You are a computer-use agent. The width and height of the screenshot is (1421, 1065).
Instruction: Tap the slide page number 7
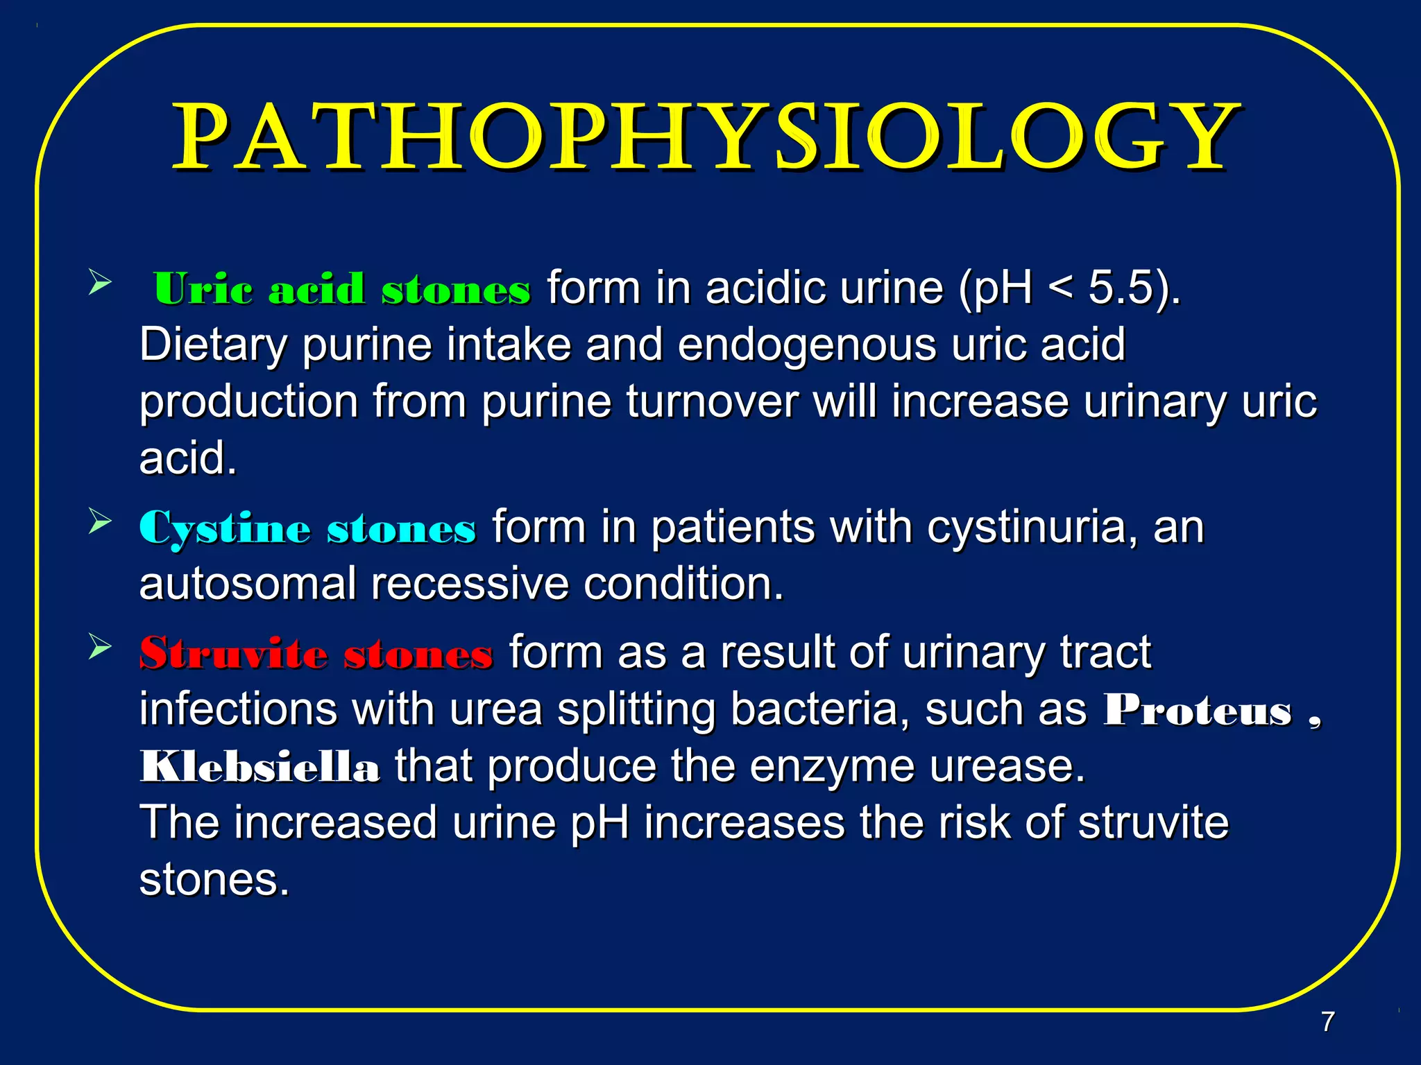tap(1327, 1021)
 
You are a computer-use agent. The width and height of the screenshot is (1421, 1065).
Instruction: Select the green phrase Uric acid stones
tap(342, 288)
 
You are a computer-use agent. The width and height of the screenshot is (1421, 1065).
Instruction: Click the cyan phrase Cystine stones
tap(307, 528)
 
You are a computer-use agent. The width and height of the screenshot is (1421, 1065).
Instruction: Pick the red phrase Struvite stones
tap(316, 653)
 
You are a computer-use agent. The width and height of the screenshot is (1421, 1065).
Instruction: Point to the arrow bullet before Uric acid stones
tap(100, 283)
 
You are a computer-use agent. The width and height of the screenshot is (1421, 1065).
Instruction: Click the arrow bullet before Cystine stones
tap(100, 521)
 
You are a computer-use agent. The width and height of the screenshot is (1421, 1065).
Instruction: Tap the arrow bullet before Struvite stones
tap(100, 647)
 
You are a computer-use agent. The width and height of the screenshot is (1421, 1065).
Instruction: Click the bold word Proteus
tap(1198, 711)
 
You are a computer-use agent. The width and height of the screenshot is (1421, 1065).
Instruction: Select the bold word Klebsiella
tap(259, 767)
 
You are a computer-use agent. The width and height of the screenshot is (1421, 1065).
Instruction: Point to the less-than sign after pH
tap(1060, 288)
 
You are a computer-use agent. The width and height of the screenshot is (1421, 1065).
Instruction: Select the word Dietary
tap(213, 345)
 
